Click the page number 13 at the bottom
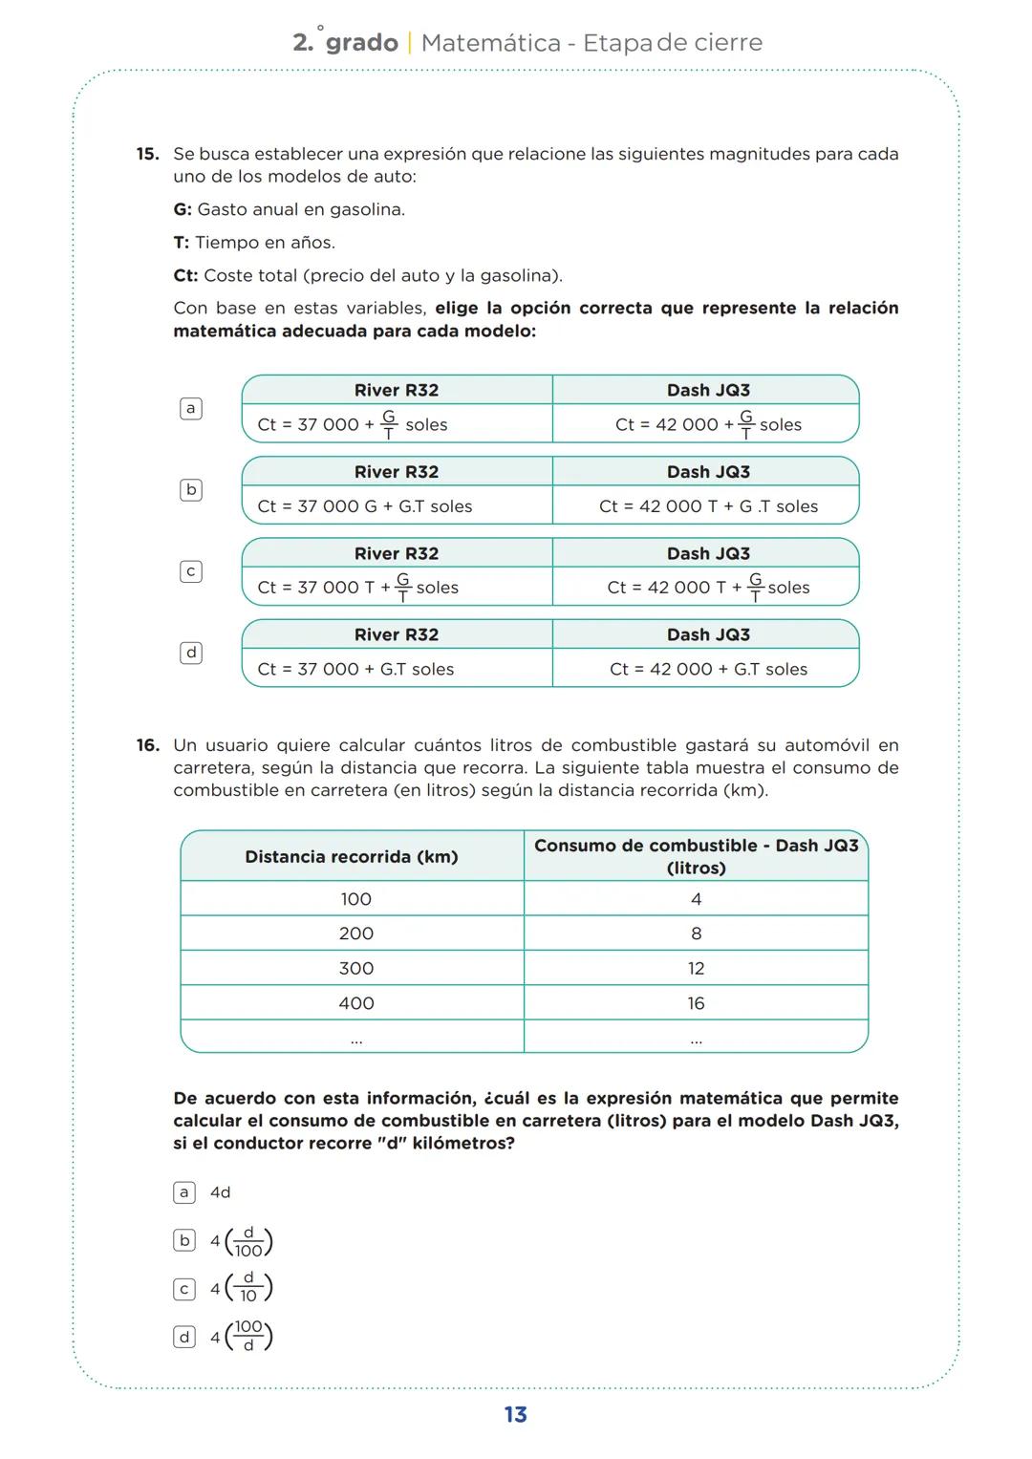pos(515,1415)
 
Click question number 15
pos(146,154)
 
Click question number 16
pos(146,745)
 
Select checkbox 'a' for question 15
pos(191,409)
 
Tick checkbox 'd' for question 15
pos(191,654)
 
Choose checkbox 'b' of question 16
pos(184,1241)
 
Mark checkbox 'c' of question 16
pos(184,1289)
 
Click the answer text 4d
pos(221,1192)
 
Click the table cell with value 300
pos(355,969)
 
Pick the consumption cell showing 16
pos(696,1003)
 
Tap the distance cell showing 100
pos(355,899)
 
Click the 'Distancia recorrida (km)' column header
pos(352,857)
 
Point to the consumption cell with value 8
pos(696,933)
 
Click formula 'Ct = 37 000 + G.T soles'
pos(355,670)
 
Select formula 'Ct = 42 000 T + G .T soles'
pos(708,506)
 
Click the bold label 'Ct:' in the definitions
pos(185,276)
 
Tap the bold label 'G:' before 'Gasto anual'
pos(183,210)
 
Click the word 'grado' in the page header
pos(361,43)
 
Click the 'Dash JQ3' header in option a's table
pos(708,390)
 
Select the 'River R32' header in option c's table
pos(396,553)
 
